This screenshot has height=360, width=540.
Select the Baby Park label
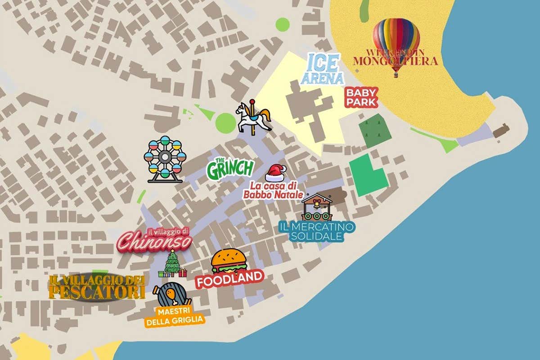[x=361, y=97]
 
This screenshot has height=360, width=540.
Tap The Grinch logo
[x=230, y=168]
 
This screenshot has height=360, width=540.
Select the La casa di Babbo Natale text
[x=273, y=190]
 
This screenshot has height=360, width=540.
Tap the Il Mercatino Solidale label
[x=316, y=231]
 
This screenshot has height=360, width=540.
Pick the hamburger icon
[x=229, y=261]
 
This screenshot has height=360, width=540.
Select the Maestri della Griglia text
[x=174, y=315]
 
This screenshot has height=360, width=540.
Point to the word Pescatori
[x=97, y=292]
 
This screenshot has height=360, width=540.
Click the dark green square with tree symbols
[x=372, y=131]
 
